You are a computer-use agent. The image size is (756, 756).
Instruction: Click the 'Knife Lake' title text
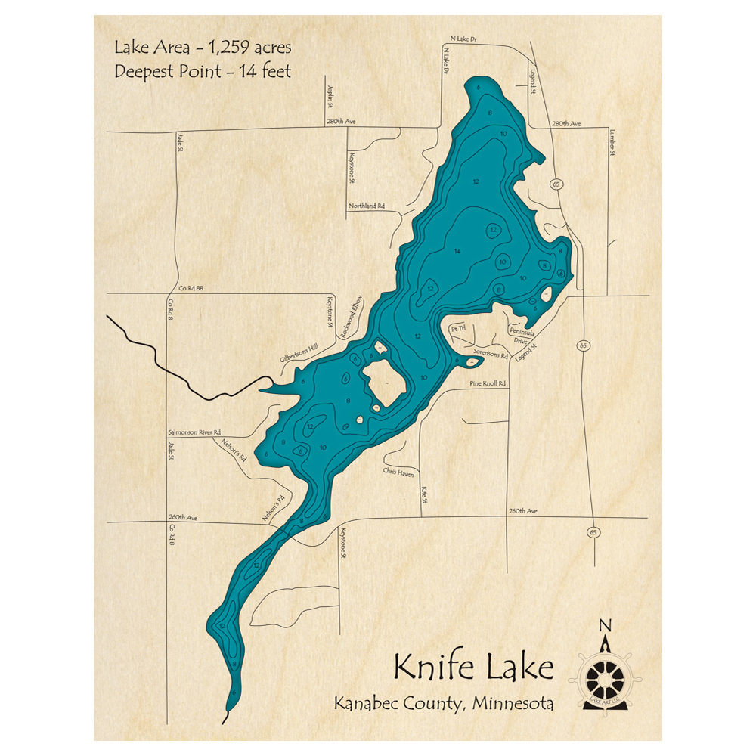[473, 668]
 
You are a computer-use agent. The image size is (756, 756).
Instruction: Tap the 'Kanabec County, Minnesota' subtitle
[444, 704]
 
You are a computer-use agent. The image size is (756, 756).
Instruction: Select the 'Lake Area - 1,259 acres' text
[203, 48]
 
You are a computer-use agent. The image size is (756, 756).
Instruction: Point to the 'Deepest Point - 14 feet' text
[203, 72]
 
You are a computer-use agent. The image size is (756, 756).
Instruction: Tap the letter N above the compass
[604, 625]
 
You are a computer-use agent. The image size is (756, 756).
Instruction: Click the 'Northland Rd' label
[367, 206]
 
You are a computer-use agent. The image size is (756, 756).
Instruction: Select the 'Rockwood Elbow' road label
[352, 317]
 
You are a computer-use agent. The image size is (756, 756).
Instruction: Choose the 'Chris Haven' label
[398, 471]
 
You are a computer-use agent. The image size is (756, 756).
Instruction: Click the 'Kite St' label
[425, 495]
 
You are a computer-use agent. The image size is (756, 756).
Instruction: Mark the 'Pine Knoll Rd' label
[488, 384]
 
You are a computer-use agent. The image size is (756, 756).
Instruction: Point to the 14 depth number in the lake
[457, 251]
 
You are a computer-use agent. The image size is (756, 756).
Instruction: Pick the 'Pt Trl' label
[457, 330]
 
